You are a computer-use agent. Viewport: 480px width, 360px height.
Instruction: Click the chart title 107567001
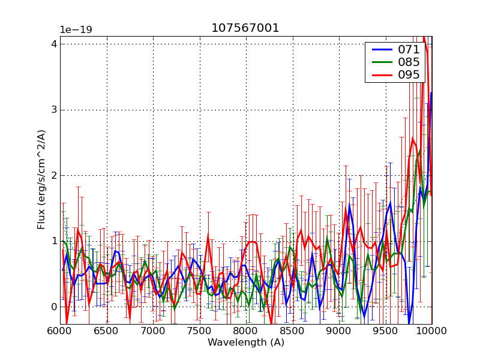pos(245,28)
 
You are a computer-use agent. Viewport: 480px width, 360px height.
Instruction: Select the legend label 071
pos(409,50)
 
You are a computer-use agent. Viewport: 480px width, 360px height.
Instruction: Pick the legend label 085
pos(409,62)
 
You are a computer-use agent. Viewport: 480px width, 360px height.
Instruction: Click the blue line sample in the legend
pos(380,50)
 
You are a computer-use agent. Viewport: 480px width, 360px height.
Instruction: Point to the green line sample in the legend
pos(380,62)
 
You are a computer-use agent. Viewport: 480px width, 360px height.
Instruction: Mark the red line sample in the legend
pos(380,75)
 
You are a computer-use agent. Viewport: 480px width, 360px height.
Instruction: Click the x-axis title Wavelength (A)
pos(245,343)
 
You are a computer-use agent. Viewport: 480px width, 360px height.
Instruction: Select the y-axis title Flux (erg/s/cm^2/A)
pos(41,179)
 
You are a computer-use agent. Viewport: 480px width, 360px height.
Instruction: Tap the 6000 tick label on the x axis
pos(60,331)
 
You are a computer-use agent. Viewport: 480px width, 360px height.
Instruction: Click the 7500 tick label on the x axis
pos(199,331)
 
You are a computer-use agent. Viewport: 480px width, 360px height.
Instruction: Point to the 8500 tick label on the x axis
pos(292,331)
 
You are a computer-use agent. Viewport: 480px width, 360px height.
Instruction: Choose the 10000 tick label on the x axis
pos(431,331)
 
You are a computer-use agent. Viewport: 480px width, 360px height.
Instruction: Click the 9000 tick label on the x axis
pos(339,331)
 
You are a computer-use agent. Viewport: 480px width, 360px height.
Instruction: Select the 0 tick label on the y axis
pos(54,307)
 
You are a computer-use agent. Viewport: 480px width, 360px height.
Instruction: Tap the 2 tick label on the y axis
pos(54,176)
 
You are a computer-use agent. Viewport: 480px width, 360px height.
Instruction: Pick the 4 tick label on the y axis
pos(54,44)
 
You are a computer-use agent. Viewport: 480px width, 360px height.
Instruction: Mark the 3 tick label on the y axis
pos(54,110)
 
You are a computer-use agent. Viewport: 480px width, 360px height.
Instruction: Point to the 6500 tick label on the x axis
pos(106,331)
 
